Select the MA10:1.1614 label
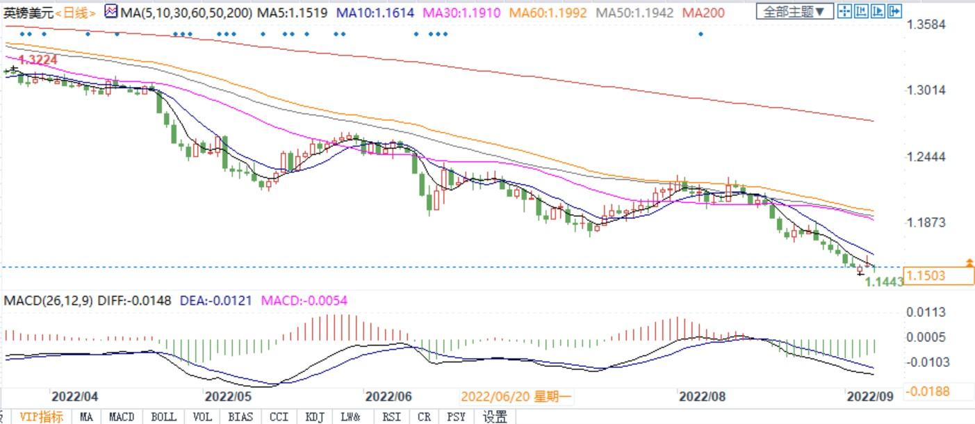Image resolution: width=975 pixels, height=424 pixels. (375, 13)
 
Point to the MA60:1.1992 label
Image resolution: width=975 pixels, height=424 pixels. (548, 13)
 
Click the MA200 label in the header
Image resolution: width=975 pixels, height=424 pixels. (703, 13)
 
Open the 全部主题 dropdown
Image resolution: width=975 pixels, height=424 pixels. (794, 12)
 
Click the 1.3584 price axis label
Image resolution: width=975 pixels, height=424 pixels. (927, 25)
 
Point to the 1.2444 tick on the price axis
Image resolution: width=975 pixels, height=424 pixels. (927, 156)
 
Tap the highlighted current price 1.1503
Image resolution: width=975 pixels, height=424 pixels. (927, 276)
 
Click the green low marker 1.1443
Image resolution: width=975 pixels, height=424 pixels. (883, 282)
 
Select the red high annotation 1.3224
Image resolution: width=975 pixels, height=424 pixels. (38, 60)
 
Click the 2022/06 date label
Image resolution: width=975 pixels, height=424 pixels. (388, 396)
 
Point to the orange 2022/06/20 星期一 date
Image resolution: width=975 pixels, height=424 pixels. (516, 396)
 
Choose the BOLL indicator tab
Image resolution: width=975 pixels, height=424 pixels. (163, 417)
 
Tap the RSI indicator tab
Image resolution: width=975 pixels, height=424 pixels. (392, 417)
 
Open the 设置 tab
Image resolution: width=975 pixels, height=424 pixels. (495, 417)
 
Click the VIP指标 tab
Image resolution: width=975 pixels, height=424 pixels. (41, 417)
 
